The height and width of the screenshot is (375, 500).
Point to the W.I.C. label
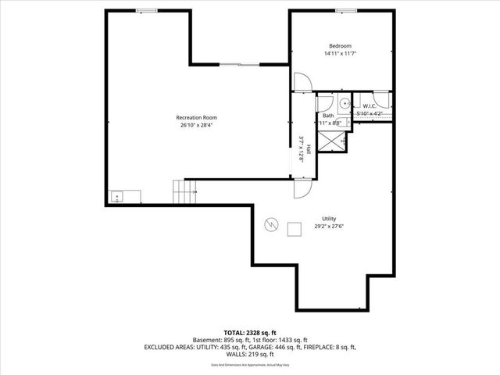coord(370,106)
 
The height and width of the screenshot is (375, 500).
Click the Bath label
coord(327,116)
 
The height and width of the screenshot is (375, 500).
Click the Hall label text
coord(309,148)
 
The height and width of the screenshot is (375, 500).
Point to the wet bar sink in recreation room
coord(117,196)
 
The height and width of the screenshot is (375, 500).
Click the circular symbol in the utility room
coord(271,224)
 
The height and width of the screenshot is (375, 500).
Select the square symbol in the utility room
coord(295,228)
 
